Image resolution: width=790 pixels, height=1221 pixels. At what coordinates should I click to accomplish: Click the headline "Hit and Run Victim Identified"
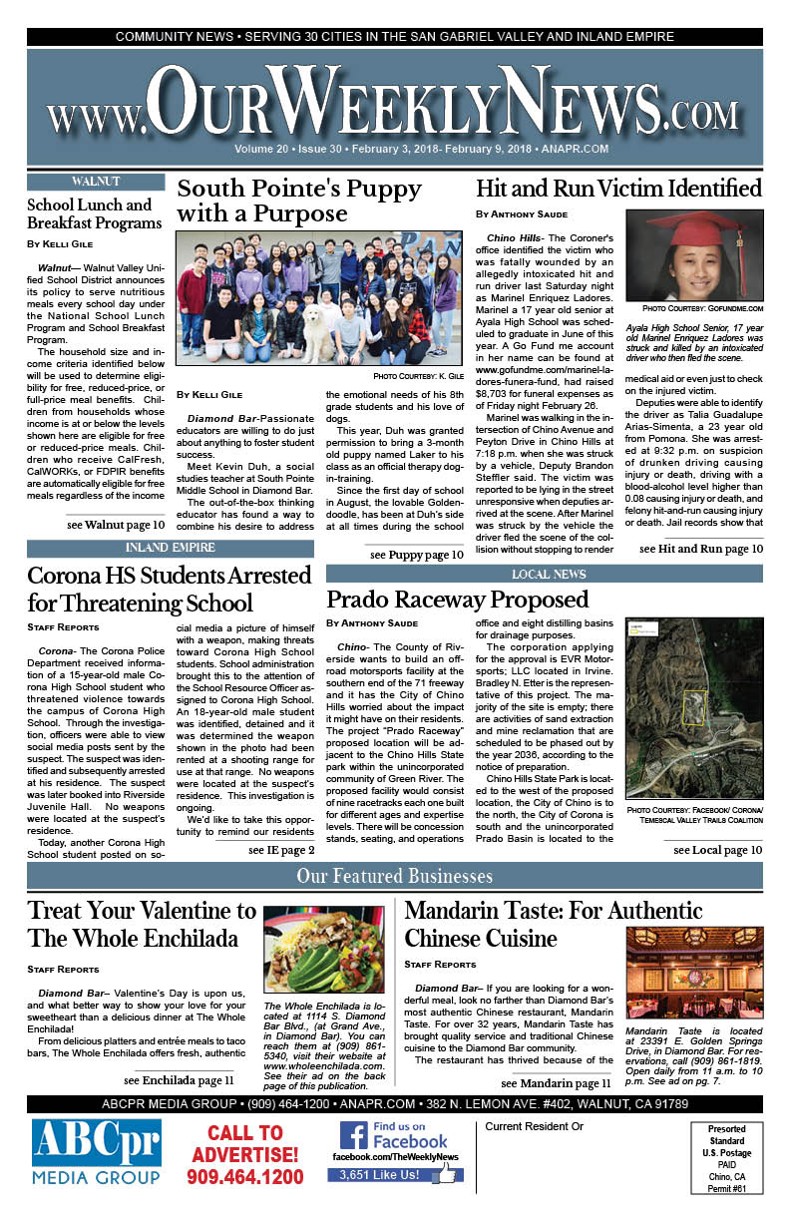point(618,189)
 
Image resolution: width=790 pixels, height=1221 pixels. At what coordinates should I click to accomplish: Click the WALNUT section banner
point(97,181)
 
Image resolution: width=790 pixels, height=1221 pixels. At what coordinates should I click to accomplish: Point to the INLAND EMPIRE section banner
point(170,548)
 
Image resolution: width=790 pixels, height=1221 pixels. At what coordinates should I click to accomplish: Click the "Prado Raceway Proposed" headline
point(458,600)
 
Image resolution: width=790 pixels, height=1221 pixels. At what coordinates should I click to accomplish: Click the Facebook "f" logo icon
point(353,1135)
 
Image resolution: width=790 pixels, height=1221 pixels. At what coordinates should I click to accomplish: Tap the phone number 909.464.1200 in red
point(244,1177)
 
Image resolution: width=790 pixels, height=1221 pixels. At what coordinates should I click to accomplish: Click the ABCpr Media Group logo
point(97,1155)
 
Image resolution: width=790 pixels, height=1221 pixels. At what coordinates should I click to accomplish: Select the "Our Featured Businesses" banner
point(394,877)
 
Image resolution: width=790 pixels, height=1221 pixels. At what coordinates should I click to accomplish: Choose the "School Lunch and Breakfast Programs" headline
point(90,213)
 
